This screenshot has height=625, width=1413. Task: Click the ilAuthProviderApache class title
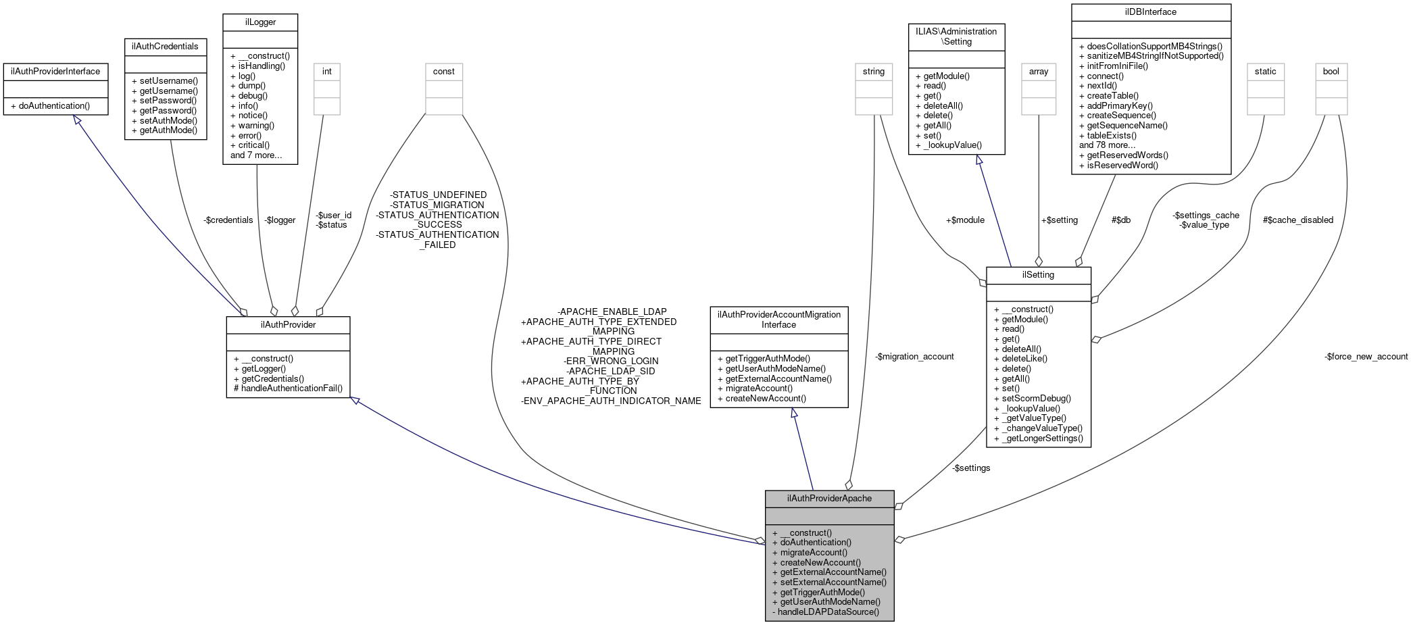pos(829,498)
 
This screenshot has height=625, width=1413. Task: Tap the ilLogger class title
pos(260,22)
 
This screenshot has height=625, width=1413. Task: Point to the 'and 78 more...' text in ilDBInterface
pos(1107,145)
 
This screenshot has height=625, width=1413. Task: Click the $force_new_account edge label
pos(1366,356)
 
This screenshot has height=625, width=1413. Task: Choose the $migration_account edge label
pos(914,356)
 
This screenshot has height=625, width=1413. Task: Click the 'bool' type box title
pos(1331,71)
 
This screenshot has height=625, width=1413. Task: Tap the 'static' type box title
pos(1265,71)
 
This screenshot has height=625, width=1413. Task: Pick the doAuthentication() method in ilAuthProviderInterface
pos(53,105)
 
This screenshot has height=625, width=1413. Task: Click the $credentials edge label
pos(228,220)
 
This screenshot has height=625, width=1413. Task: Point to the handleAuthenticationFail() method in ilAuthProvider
pos(288,388)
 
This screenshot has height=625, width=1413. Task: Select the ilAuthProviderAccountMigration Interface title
pos(778,319)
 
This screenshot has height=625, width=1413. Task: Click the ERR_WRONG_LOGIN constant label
pos(611,361)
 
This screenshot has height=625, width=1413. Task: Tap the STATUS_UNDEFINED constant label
pos(438,195)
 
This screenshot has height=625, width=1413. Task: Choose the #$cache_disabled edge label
pos(1297,220)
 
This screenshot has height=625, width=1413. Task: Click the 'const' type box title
pos(443,71)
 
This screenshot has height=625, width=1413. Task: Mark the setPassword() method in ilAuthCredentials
pos(168,100)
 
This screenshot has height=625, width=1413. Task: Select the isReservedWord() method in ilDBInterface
pos(1122,165)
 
